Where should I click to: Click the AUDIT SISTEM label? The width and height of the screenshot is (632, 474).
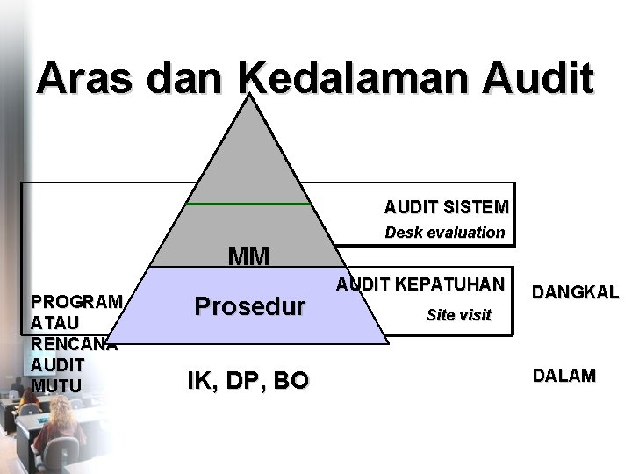tap(446, 208)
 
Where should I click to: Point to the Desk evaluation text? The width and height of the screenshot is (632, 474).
tap(446, 233)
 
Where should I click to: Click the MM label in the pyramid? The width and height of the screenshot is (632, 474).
tap(248, 256)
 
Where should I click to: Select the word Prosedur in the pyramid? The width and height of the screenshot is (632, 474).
tap(250, 306)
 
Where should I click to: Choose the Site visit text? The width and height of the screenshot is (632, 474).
tap(458, 314)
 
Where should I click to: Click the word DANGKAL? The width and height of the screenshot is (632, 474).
tap(576, 292)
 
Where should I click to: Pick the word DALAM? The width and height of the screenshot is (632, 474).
tap(565, 376)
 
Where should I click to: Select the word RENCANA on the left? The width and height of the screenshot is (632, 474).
tap(74, 343)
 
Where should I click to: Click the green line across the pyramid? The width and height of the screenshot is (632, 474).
tap(249, 204)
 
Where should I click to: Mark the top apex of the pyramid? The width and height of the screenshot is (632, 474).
tap(249, 97)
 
